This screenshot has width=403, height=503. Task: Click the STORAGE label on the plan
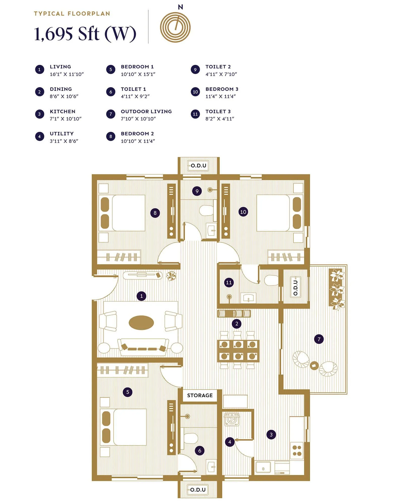200,395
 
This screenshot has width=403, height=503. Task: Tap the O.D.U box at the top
198,165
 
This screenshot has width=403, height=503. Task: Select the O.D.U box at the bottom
198,490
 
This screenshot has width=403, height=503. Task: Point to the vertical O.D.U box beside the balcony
295,287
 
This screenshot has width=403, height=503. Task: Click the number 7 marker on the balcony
319,339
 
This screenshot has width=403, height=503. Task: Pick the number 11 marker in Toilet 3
229,282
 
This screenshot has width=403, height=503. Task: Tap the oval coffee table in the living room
141,323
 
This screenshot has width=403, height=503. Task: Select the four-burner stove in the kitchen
297,451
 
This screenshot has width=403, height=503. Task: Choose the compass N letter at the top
180,7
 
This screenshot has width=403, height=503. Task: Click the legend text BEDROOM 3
222,89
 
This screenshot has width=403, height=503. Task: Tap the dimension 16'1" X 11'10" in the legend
66,74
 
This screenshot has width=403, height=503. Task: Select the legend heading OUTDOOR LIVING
146,111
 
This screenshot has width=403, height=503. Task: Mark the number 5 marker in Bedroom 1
128,392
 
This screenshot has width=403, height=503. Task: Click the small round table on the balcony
314,365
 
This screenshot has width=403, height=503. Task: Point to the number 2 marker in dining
237,324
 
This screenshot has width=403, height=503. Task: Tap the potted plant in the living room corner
172,275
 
